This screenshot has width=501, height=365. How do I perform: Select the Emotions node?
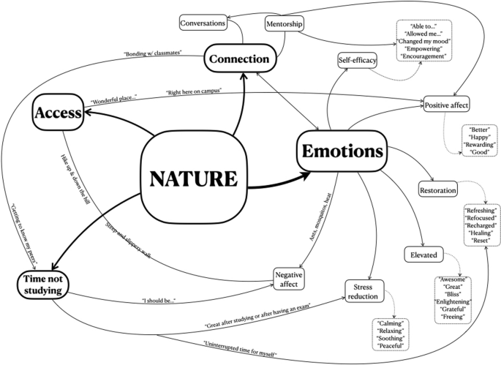340,152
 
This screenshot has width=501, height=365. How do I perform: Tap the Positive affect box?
446,105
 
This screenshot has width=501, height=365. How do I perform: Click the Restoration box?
438,190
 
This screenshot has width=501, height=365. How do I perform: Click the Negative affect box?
289,279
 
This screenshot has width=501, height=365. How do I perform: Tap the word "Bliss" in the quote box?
454,293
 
